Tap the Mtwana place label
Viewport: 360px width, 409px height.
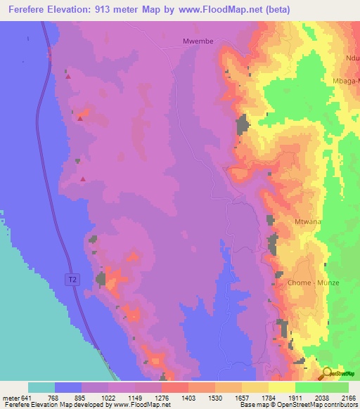click(x=307, y=221)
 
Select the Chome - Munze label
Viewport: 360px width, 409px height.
click(x=314, y=283)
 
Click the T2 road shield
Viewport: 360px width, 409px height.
click(x=72, y=280)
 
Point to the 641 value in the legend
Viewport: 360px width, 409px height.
click(x=28, y=398)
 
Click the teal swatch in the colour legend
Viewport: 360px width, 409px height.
click(x=41, y=387)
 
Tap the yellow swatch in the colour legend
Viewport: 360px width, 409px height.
click(x=281, y=387)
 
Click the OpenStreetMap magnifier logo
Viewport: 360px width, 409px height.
click(x=326, y=373)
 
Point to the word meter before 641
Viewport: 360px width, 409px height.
click(x=11, y=398)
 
